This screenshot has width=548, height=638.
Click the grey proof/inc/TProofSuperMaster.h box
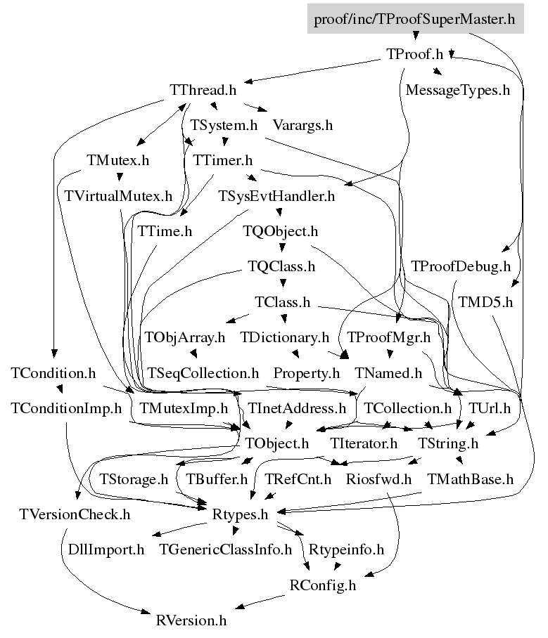tap(415, 19)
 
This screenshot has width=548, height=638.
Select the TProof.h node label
tap(414, 54)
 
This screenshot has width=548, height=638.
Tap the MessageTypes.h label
tap(457, 90)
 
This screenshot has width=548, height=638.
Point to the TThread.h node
tap(203, 90)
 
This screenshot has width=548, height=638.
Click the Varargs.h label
tap(302, 125)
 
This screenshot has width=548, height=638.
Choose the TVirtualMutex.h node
tap(118, 196)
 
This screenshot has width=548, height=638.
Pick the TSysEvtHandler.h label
tap(276, 196)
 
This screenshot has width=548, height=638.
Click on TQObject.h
tap(280, 231)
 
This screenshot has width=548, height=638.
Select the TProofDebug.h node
tap(460, 266)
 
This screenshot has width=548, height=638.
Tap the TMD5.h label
tap(485, 302)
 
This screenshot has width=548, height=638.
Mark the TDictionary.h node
tap(284, 337)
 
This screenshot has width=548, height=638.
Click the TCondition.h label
tap(53, 373)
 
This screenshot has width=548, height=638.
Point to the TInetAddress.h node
tap(297, 408)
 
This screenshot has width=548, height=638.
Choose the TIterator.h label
tap(364, 443)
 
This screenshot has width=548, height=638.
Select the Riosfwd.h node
tap(378, 479)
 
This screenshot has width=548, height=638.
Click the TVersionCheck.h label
tap(75, 515)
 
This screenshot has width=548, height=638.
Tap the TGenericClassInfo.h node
tap(225, 549)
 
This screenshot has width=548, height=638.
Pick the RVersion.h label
tap(191, 621)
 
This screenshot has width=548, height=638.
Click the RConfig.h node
tap(323, 585)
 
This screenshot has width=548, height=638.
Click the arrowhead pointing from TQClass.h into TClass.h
tap(283, 283)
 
